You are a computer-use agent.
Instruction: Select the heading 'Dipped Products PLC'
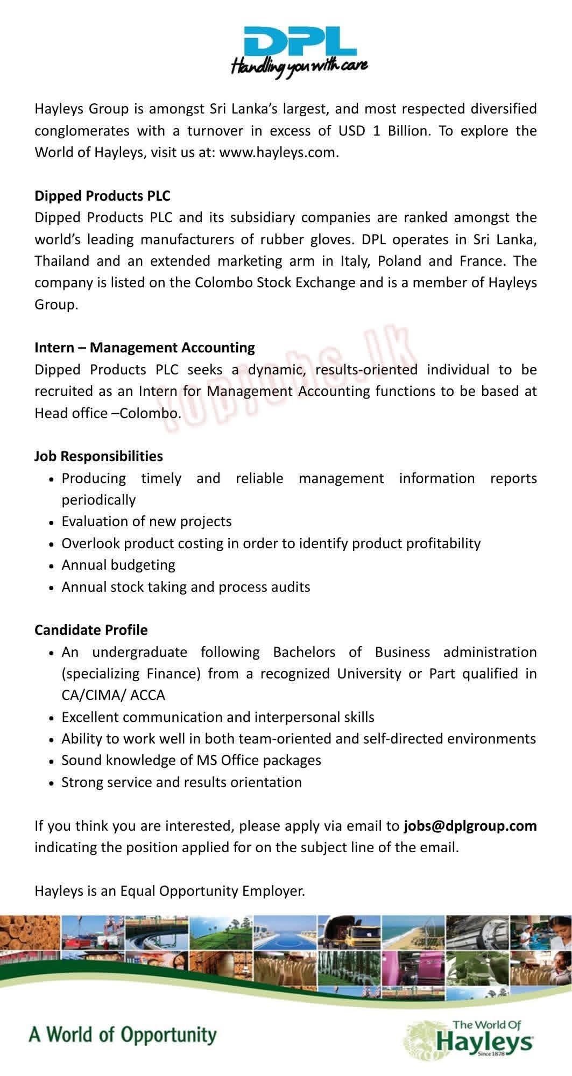[102, 196]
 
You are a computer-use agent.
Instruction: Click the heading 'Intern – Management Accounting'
[145, 348]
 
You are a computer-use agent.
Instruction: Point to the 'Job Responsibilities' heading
[98, 456]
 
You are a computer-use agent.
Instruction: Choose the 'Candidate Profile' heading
[91, 630]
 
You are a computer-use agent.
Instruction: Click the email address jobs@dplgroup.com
[470, 826]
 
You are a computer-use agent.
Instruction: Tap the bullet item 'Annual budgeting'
[118, 565]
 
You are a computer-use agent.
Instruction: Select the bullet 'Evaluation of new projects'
[146, 521]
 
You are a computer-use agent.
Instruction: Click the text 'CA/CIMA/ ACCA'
[114, 695]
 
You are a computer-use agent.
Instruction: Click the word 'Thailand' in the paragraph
[62, 261]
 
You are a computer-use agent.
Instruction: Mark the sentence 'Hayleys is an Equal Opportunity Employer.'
[170, 891]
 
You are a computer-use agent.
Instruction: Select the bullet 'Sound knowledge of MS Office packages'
[191, 760]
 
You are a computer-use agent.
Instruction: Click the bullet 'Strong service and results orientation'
[181, 782]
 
